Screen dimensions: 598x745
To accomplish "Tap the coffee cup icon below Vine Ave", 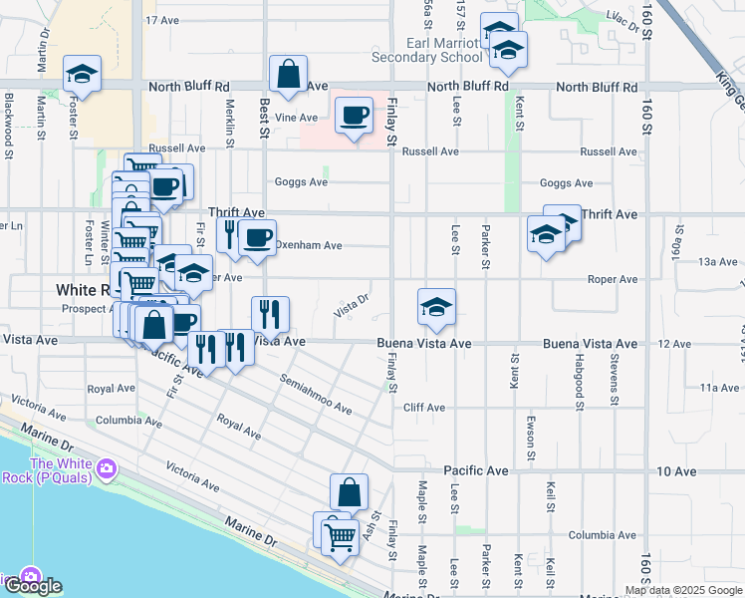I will [354, 117].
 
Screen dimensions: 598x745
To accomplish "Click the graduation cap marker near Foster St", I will [83, 74].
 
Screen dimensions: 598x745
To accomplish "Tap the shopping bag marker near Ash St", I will [350, 492].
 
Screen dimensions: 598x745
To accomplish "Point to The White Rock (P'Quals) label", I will [61, 469].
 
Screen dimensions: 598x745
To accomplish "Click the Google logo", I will [34, 586].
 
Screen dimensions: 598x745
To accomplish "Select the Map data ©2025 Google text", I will [684, 590].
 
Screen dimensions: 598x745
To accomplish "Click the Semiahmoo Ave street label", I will [316, 395].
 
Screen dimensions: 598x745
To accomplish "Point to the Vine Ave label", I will [296, 117].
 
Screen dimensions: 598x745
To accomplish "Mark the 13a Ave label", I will [717, 261].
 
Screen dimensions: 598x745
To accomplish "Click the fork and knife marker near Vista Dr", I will [270, 316].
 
